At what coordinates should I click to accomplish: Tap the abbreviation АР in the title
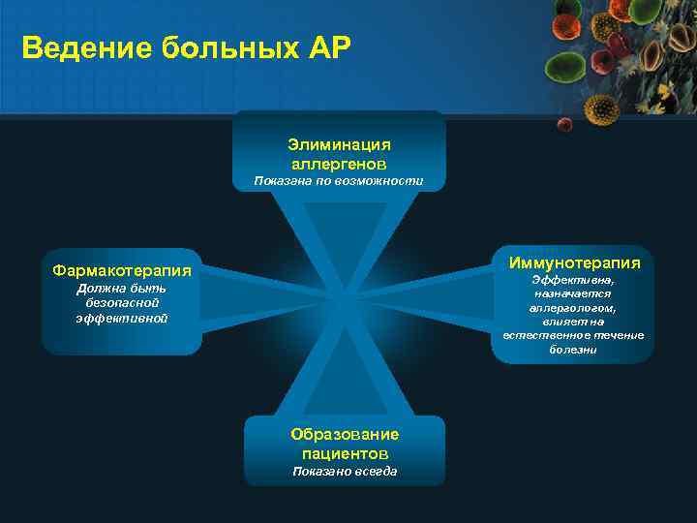(321, 47)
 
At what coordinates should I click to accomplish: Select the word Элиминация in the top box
(339, 143)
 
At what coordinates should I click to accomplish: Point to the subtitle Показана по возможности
(339, 181)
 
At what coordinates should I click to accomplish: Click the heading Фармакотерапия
(122, 270)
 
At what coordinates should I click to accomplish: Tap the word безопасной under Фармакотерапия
(122, 303)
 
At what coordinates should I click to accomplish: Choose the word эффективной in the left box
(122, 318)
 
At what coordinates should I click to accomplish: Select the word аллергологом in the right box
(573, 308)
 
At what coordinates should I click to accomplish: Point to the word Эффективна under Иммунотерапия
(573, 280)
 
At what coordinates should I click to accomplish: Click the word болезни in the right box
(573, 350)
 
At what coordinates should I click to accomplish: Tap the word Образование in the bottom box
(345, 434)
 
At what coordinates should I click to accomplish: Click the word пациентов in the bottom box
(345, 452)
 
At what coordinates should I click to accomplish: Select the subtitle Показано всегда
(345, 472)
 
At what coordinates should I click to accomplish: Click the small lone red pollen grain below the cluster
(564, 124)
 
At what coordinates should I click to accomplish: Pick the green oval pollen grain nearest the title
(566, 68)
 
